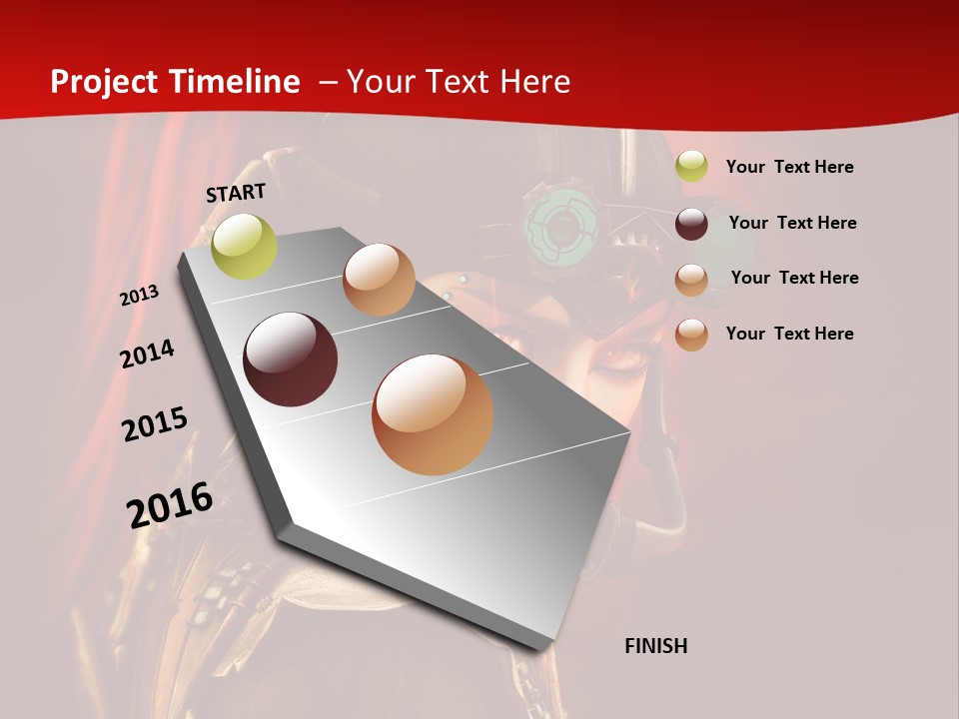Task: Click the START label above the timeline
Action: [x=236, y=193]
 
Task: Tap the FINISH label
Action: [x=656, y=646]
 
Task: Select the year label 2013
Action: [x=140, y=296]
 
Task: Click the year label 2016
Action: [x=170, y=505]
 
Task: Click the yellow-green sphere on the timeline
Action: [x=244, y=246]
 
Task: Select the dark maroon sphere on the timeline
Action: [x=291, y=359]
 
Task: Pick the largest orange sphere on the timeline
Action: [x=433, y=414]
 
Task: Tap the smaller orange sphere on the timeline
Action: [x=379, y=280]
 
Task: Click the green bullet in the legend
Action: [x=691, y=167]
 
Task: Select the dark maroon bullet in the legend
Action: [x=691, y=223]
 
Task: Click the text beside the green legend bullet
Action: [x=789, y=167]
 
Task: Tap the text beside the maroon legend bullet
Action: [x=792, y=223]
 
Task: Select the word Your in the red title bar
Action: [x=384, y=82]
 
